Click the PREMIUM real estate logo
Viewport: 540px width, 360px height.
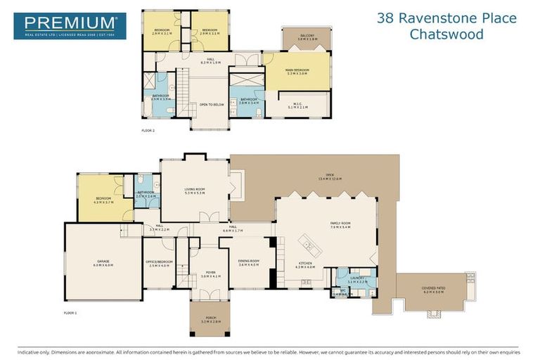pyautogui.click(x=70, y=25)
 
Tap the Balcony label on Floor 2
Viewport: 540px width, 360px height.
pyautogui.click(x=307, y=36)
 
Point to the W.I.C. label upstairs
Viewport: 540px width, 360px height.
pyautogui.click(x=297, y=105)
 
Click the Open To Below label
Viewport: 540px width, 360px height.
pyautogui.click(x=211, y=104)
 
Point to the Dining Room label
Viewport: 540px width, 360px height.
pyautogui.click(x=249, y=262)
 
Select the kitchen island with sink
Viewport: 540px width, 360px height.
pyautogui.click(x=307, y=245)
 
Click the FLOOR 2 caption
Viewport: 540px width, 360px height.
pyautogui.click(x=148, y=131)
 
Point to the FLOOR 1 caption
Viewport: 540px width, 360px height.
pyautogui.click(x=70, y=311)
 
